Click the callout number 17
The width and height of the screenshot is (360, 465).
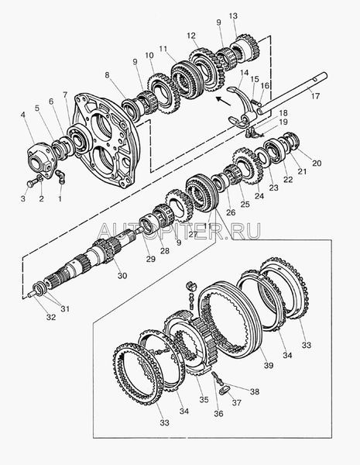(316, 96)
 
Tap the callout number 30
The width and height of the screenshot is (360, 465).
(122, 275)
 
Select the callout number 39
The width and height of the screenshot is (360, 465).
(269, 365)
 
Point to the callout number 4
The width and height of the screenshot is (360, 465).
(23, 114)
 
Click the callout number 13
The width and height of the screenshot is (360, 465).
(233, 15)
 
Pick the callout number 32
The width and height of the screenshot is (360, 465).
(51, 317)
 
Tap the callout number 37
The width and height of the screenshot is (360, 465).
(236, 403)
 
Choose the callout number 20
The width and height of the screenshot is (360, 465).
(317, 163)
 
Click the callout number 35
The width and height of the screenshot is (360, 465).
(204, 399)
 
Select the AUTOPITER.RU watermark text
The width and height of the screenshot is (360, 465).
(179, 231)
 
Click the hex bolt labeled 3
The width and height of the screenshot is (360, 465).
(31, 184)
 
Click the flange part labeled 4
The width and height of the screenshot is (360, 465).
(42, 158)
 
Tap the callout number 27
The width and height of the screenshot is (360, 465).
(193, 234)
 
